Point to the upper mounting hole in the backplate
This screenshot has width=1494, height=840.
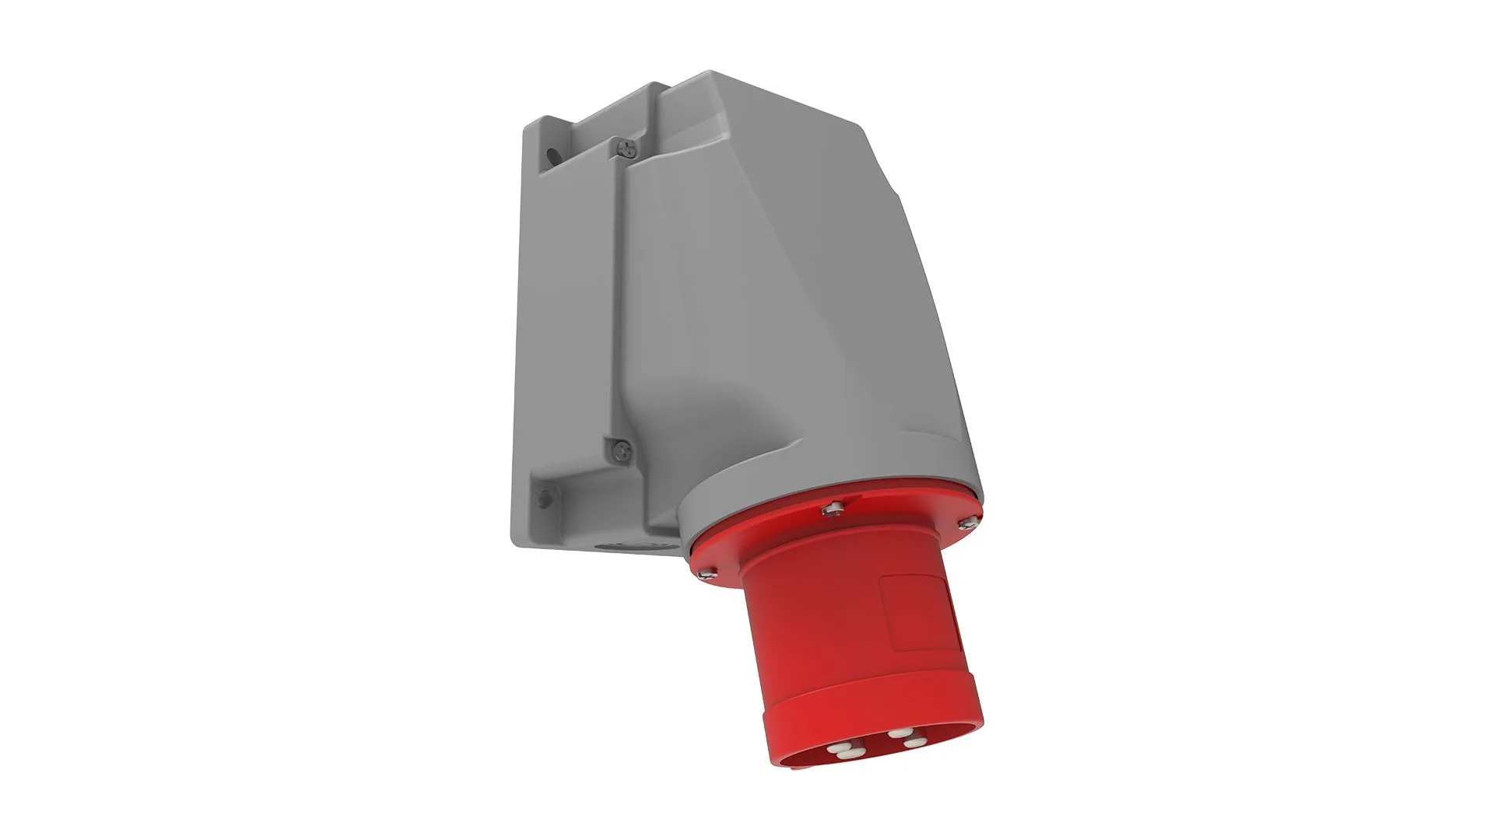pos(552,156)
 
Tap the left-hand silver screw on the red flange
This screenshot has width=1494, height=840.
pos(707,572)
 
